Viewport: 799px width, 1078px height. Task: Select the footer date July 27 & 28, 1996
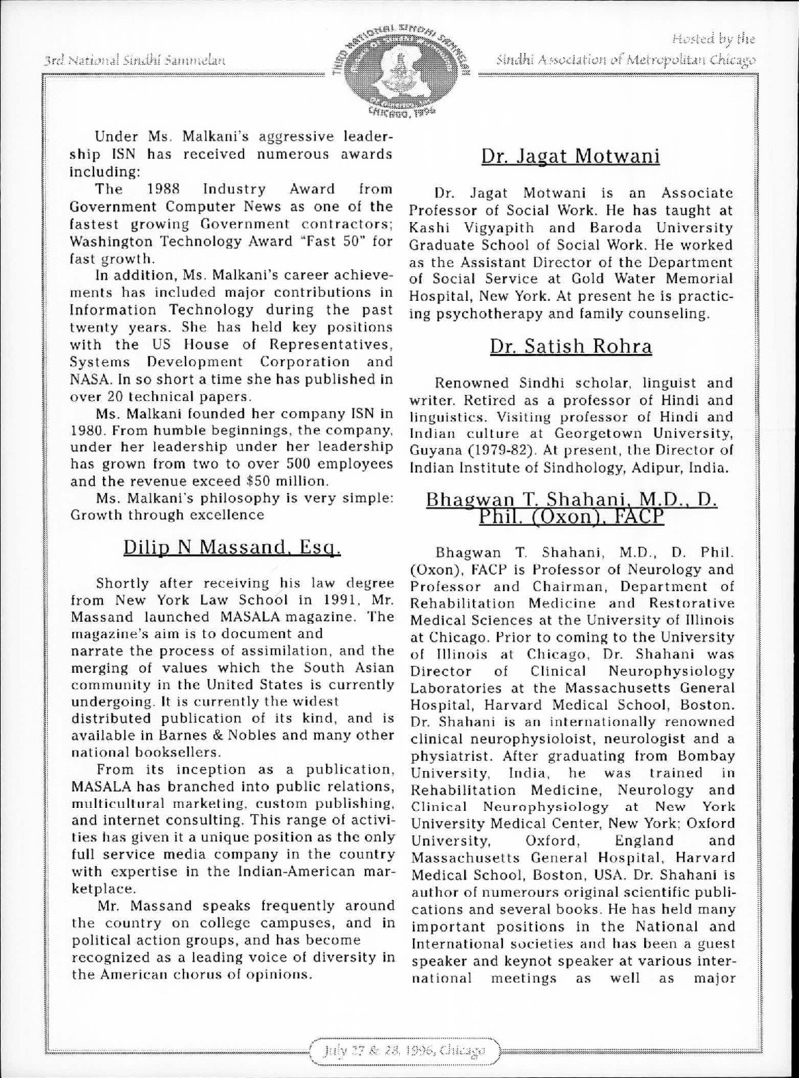(399, 1052)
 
